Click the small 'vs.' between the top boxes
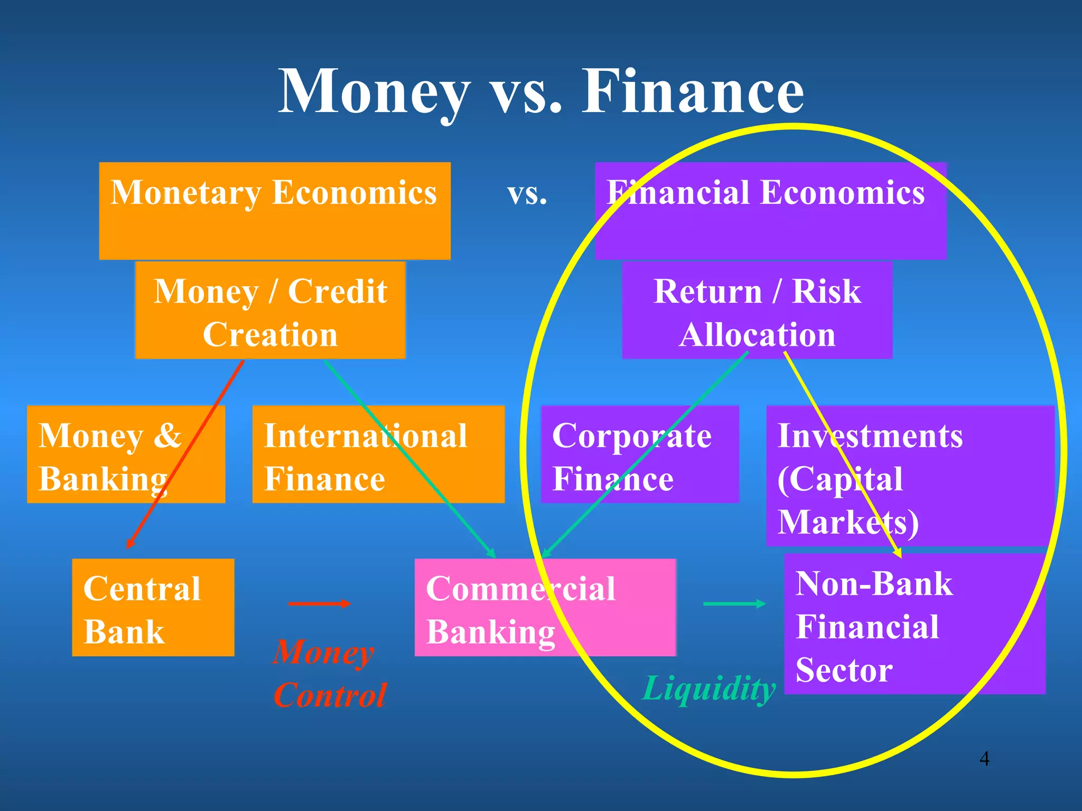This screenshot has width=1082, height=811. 527,194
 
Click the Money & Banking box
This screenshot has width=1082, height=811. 126,454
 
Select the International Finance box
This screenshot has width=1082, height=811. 378,454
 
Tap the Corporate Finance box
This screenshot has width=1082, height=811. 639,454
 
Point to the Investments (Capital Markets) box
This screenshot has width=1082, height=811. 910,475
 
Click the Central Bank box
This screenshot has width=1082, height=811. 153,607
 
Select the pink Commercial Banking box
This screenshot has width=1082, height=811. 545,607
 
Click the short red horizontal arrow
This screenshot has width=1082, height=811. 319,603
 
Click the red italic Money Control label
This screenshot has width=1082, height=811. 329,674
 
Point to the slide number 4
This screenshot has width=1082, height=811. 984,759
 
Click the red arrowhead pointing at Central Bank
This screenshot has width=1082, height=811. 129,544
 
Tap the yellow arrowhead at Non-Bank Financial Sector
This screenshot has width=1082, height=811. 898,554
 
